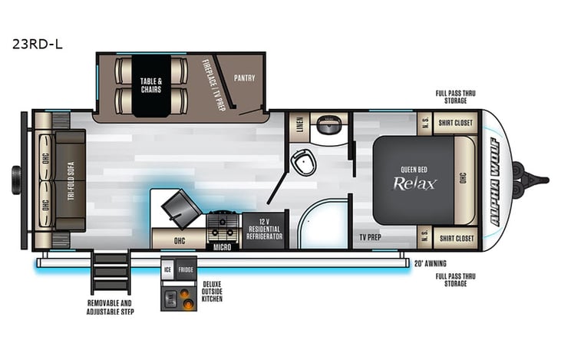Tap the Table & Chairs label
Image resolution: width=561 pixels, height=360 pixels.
(150, 84)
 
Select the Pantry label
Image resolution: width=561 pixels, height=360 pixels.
(245, 78)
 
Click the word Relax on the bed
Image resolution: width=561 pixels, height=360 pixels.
(415, 183)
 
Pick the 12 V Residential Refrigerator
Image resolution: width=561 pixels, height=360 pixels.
(264, 229)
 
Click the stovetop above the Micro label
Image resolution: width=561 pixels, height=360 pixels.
(223, 225)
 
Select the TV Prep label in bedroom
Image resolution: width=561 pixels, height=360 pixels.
(371, 238)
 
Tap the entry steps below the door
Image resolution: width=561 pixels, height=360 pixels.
(111, 272)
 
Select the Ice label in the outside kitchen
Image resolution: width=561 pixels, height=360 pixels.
(167, 269)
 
